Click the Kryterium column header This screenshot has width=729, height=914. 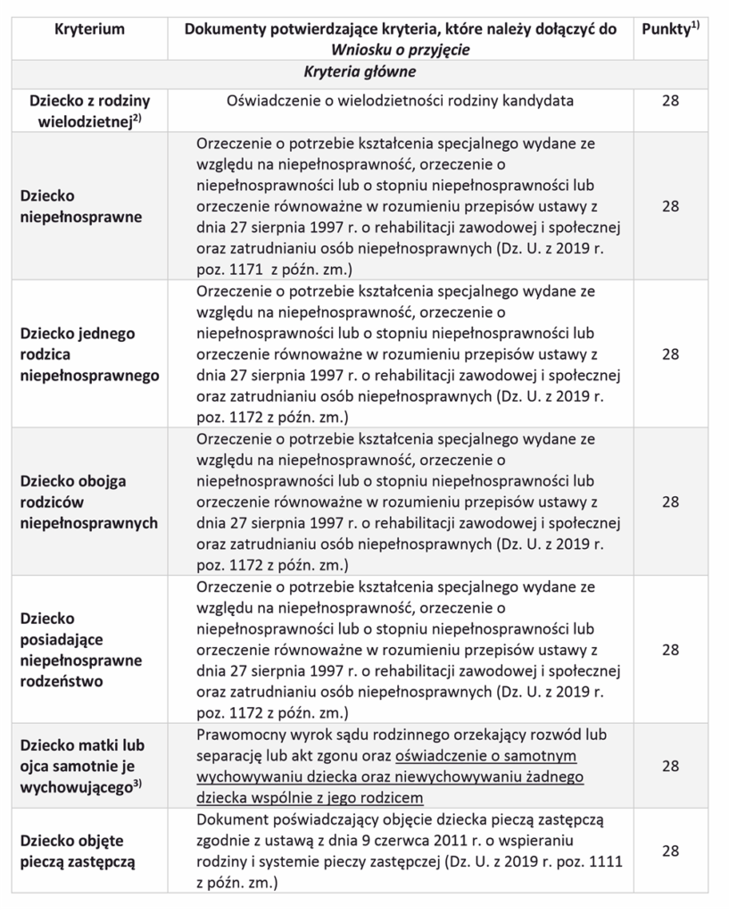point(89,29)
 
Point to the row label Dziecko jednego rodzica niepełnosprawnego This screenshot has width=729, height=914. point(89,354)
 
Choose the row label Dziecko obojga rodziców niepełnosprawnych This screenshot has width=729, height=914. point(89,502)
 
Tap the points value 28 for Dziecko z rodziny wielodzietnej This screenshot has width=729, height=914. point(671,101)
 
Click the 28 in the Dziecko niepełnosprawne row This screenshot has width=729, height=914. point(671,205)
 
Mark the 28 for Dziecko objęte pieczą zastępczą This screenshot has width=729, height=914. point(671,852)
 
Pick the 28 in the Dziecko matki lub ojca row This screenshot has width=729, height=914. point(671,766)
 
